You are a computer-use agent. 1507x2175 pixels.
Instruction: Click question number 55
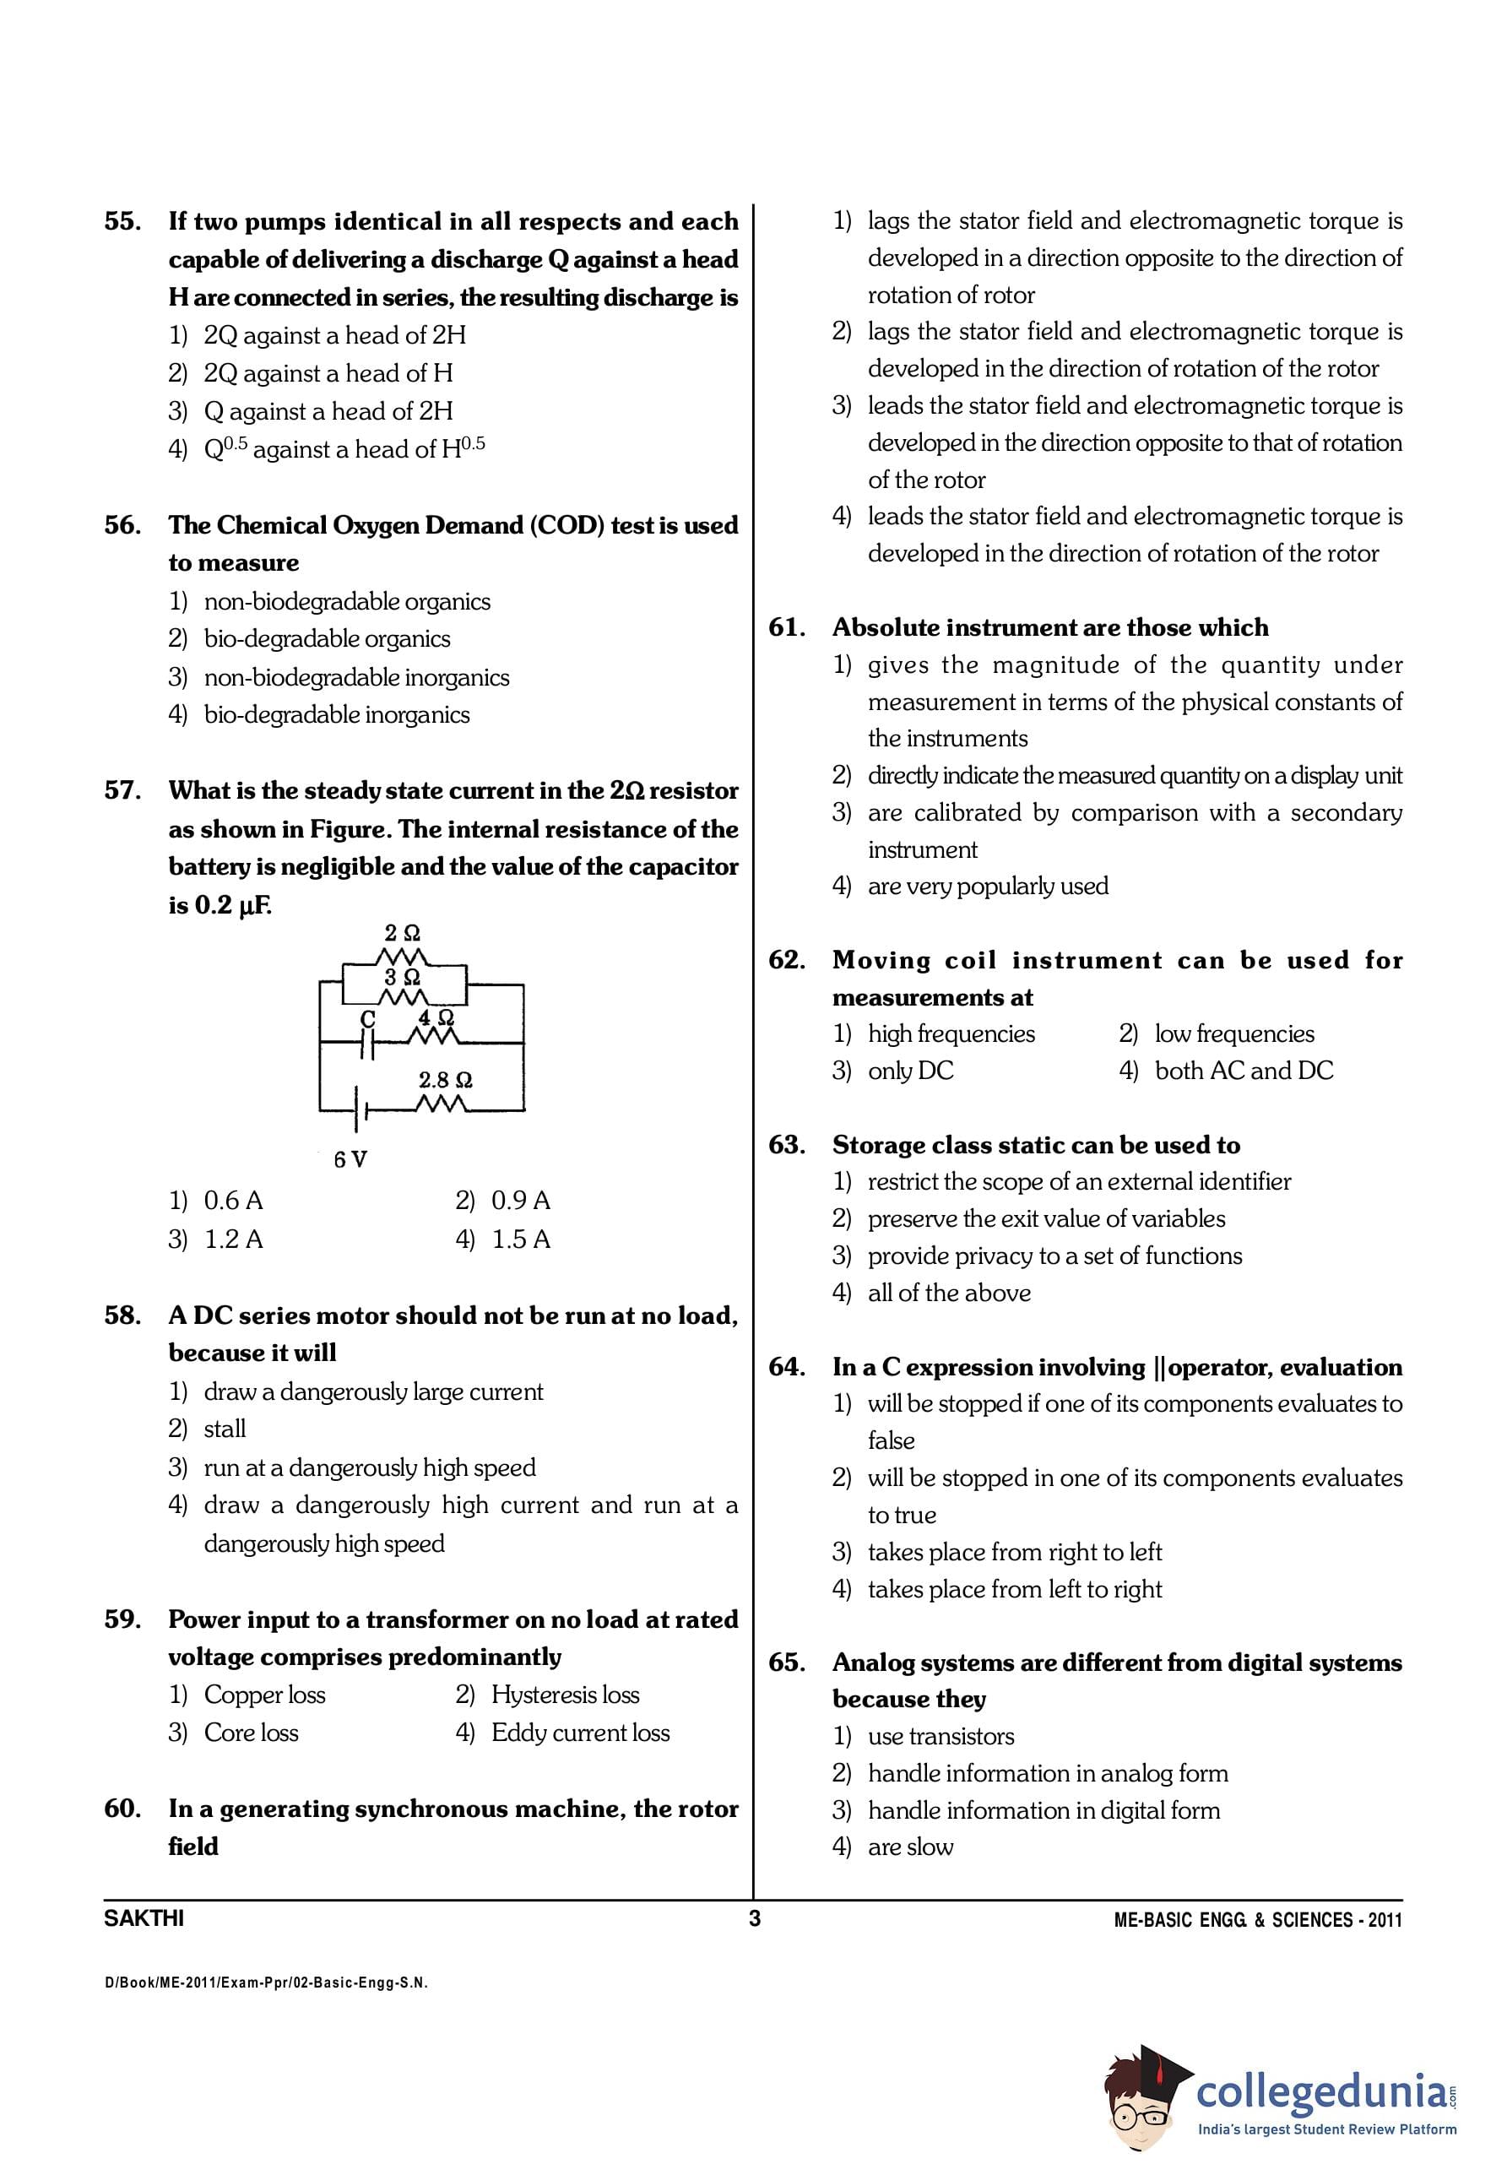(x=122, y=222)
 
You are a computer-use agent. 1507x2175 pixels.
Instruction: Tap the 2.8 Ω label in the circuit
(x=445, y=1079)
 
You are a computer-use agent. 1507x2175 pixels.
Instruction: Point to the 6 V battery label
(x=350, y=1158)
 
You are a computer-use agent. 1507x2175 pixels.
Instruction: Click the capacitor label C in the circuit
(x=367, y=1019)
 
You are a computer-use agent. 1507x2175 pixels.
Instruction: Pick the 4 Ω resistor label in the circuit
(x=436, y=1017)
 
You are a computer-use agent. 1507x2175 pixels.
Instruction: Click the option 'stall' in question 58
(x=225, y=1429)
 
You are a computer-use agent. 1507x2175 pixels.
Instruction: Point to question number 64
(x=787, y=1368)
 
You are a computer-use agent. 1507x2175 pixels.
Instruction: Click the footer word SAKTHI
(x=144, y=1919)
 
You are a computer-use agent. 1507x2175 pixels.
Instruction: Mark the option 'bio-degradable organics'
(x=327, y=639)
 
